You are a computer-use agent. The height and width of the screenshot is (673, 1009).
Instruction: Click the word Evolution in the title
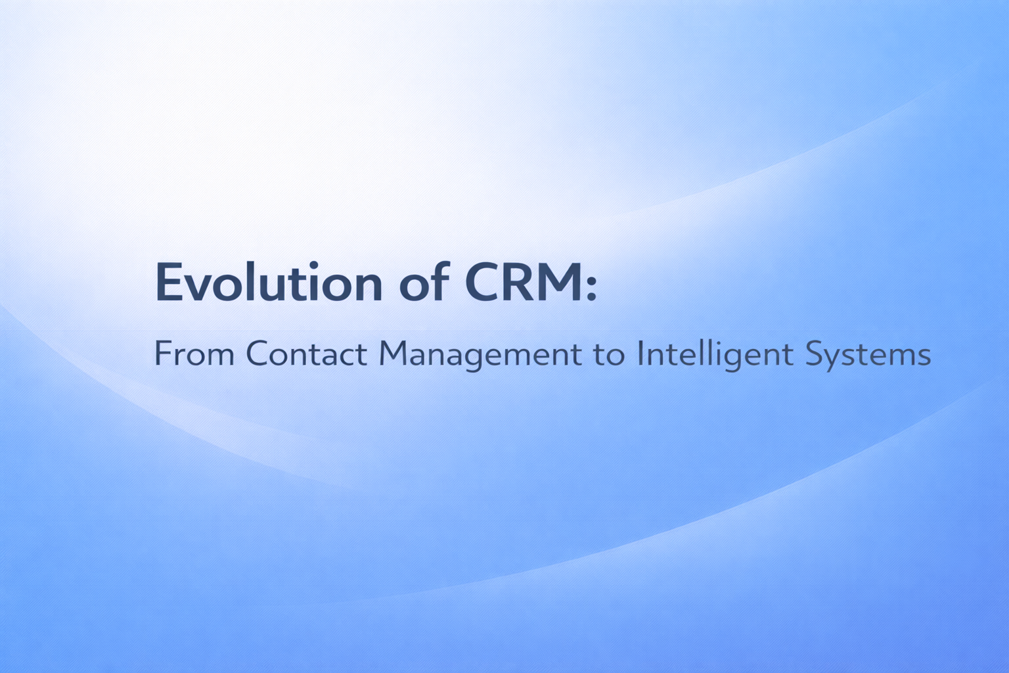tap(269, 283)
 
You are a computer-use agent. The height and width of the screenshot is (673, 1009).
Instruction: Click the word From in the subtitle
tap(194, 354)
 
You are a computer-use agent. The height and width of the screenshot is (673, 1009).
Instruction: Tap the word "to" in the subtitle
tap(609, 356)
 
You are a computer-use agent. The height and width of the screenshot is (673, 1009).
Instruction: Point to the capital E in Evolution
tap(168, 283)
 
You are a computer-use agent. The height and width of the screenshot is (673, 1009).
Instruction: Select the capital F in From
tap(162, 354)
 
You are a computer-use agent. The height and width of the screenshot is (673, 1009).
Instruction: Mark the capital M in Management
tap(393, 354)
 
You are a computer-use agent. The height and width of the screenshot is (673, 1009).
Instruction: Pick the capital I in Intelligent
tap(640, 354)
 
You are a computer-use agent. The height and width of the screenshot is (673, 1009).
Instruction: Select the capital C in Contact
tap(258, 354)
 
